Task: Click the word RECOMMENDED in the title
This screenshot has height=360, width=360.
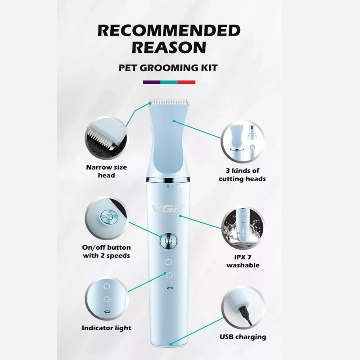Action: point(169,30)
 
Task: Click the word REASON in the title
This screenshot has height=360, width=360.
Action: point(169,47)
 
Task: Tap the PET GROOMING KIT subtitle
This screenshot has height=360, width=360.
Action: point(168,68)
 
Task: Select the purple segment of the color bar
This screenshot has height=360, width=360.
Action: point(152,82)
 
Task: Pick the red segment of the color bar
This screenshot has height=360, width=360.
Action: point(187,82)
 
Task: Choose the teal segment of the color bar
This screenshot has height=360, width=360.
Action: point(169,82)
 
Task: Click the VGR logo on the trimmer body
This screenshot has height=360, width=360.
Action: point(168,208)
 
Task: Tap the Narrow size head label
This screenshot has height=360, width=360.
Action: point(106,171)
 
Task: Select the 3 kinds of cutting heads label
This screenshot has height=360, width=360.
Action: point(242,175)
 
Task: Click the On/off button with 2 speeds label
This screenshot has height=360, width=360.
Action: point(106,252)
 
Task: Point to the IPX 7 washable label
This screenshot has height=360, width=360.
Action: point(243,261)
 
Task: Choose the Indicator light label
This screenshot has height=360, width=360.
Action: point(107,328)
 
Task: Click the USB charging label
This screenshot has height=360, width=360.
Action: point(243,337)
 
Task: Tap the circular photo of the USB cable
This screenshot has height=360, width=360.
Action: point(243,307)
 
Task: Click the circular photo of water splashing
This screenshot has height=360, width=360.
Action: point(243,228)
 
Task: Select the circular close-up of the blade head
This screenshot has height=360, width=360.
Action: point(106,138)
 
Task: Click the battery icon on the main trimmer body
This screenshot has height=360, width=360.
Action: point(170,288)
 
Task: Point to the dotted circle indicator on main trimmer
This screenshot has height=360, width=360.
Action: point(169,275)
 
